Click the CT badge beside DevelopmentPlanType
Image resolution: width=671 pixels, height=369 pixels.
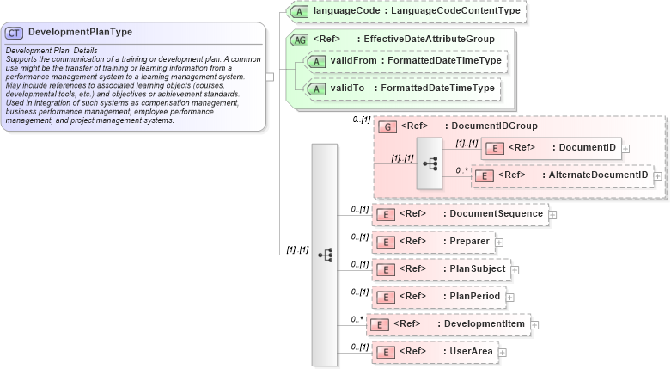15,33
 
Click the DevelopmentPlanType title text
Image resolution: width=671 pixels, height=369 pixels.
80,32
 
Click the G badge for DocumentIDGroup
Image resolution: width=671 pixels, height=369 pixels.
388,126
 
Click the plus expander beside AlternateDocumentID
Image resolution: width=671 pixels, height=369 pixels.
657,175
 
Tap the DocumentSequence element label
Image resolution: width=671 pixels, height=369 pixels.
496,213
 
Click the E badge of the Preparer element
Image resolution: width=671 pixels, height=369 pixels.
388,242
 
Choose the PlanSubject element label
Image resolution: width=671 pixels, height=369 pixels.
477,268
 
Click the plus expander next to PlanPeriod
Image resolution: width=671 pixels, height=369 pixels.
509,297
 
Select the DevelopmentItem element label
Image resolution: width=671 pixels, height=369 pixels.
487,324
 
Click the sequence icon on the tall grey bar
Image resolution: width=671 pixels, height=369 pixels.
325,255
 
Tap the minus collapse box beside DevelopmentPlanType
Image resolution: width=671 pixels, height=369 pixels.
270,76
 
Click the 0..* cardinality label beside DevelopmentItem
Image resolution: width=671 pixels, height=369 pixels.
357,319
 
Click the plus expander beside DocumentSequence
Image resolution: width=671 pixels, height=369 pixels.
552,214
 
